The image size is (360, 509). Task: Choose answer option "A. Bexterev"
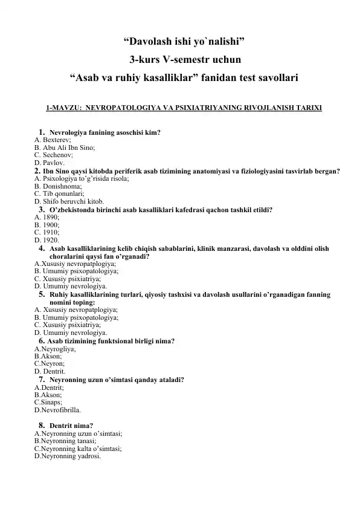click(x=54, y=139)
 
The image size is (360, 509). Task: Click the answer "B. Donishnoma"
click(x=57, y=187)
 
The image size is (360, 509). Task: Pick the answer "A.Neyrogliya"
click(x=55, y=349)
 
